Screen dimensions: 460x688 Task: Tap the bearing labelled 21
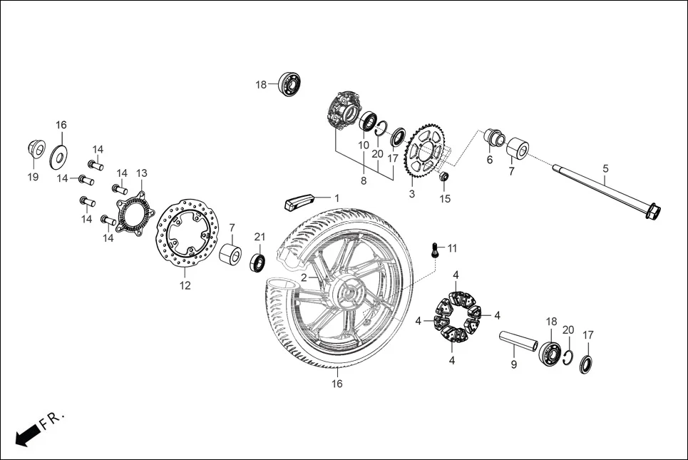coord(257,262)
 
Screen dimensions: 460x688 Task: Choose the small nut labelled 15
coord(443,177)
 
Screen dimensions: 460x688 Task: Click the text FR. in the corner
coord(52,419)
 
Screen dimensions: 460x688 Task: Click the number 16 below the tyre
coord(337,384)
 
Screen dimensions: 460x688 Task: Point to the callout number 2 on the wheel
coord(304,277)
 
